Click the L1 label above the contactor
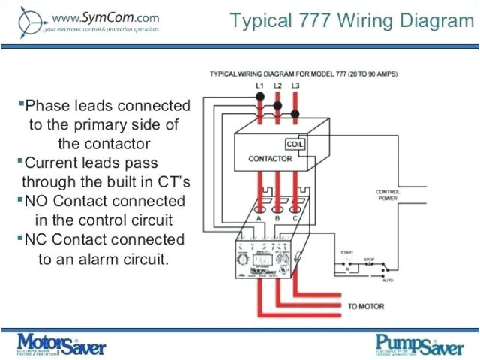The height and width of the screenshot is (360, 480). tap(259, 87)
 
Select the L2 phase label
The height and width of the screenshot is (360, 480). tap(277, 87)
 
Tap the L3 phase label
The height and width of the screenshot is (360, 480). tap(295, 87)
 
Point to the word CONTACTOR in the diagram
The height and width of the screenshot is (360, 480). tap(270, 159)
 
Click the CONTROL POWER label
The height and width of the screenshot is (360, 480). tap(387, 196)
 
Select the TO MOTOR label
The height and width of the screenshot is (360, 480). tap(365, 307)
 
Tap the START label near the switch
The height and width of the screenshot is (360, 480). tap(346, 251)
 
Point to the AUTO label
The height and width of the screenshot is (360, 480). tap(386, 280)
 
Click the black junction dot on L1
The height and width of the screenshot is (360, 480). tap(259, 97)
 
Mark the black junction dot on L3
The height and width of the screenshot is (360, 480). tap(295, 114)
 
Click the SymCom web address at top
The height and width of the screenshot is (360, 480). tap(105, 16)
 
